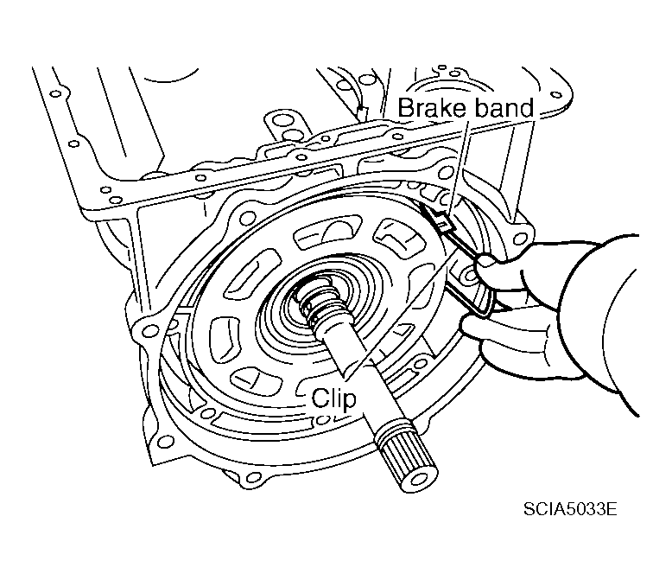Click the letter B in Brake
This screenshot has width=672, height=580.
405,108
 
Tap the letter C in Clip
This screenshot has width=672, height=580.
318,399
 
